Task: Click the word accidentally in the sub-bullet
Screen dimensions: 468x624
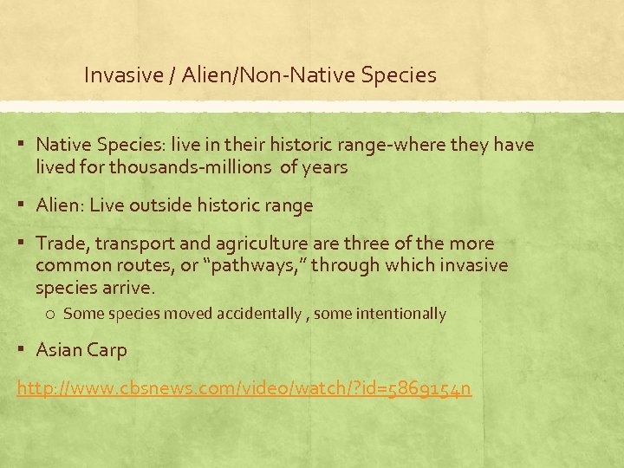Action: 253,314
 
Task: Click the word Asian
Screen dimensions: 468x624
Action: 60,350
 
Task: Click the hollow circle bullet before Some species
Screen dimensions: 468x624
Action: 51,314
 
